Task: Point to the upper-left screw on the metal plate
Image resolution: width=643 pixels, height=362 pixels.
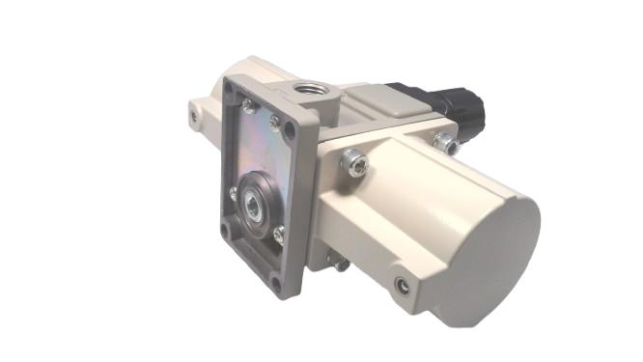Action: point(248,107)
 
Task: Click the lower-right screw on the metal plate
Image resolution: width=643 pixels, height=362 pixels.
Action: point(279,231)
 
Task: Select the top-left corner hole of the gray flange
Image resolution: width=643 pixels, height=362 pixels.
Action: point(229,87)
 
